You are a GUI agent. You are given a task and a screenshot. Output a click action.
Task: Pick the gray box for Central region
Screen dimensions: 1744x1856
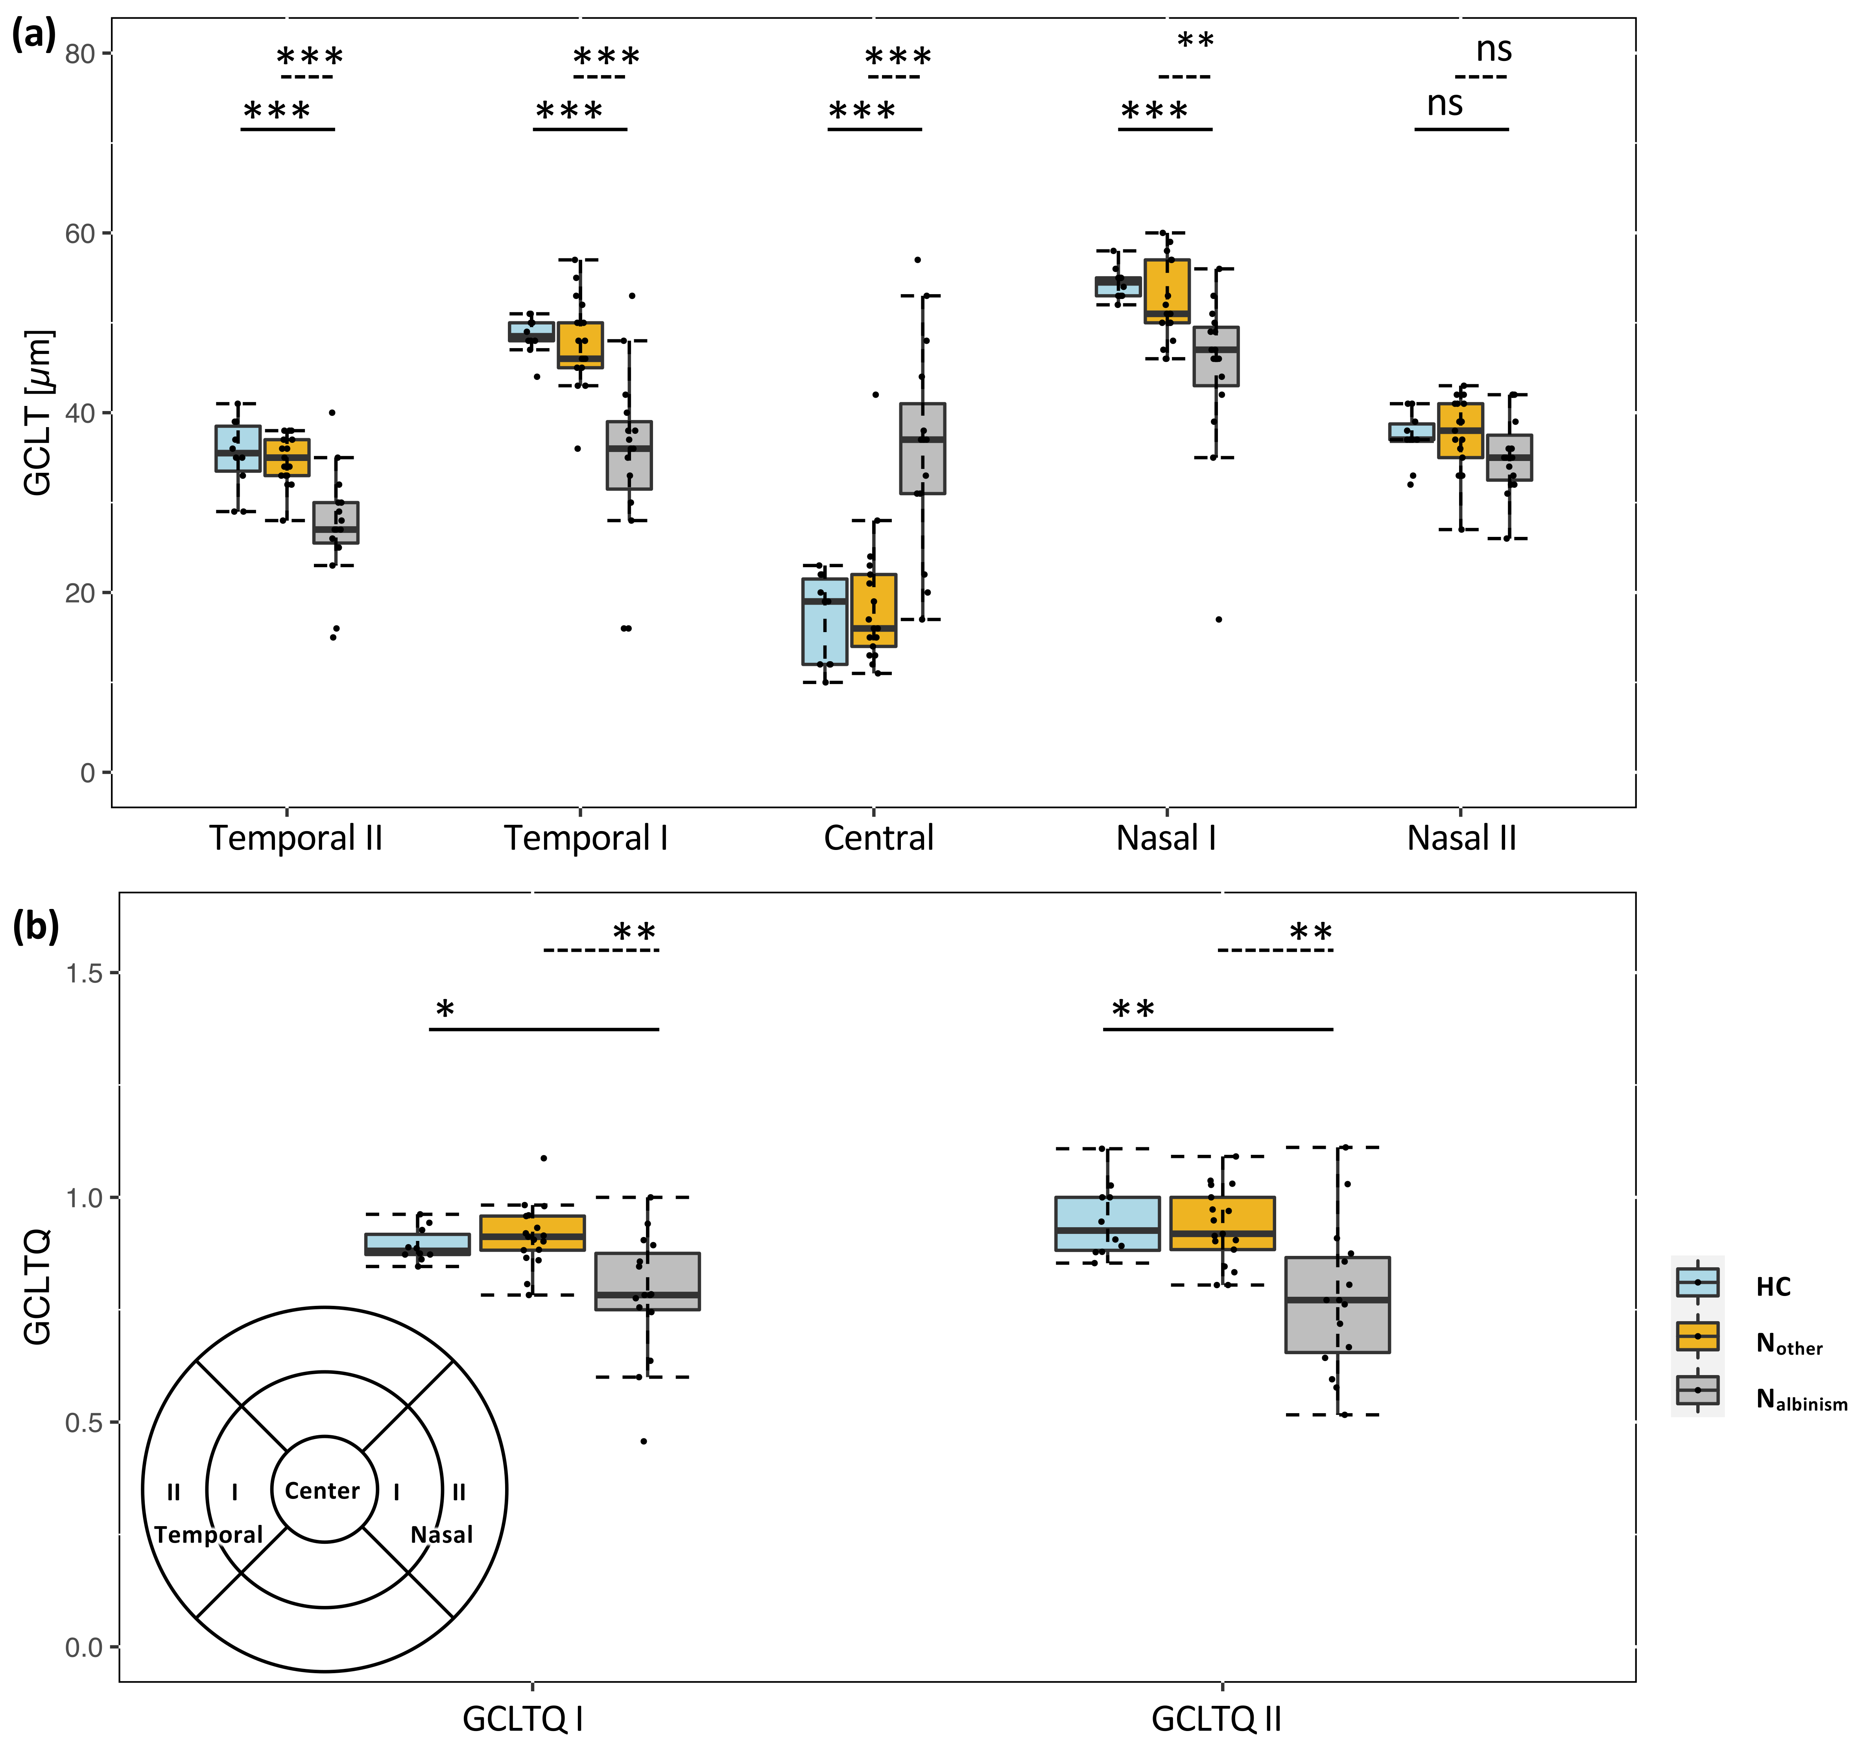pos(922,448)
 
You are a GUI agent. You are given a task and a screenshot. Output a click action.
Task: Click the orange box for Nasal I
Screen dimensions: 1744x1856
pos(1167,291)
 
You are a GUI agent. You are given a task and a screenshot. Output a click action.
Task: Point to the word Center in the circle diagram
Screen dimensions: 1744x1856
pos(322,1491)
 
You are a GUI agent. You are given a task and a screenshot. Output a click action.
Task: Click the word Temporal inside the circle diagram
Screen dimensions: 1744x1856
pos(208,1535)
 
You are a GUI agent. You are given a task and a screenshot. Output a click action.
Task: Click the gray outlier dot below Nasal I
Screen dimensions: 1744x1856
pos(1218,619)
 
